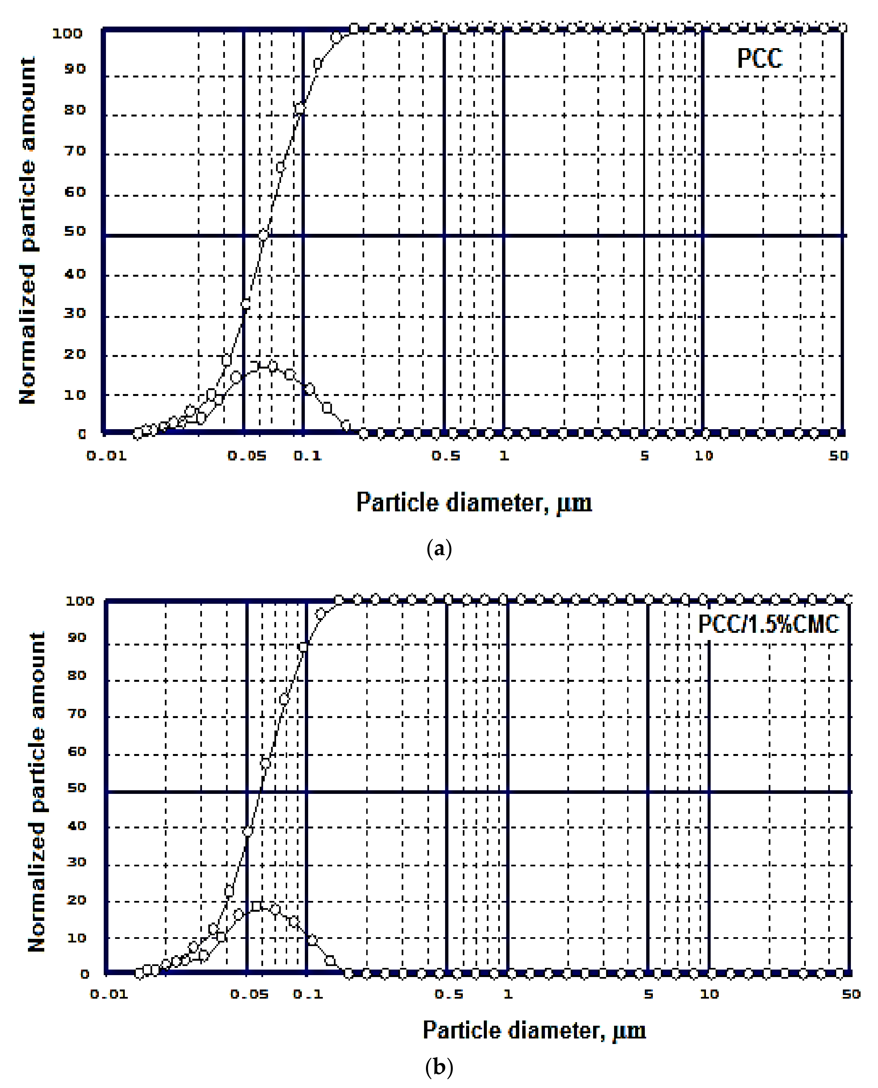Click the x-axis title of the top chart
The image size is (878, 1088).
pyautogui.click(x=474, y=503)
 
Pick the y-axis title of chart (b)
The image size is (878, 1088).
pyautogui.click(x=37, y=792)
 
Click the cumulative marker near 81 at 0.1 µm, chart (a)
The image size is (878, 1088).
pyautogui.click(x=300, y=108)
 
